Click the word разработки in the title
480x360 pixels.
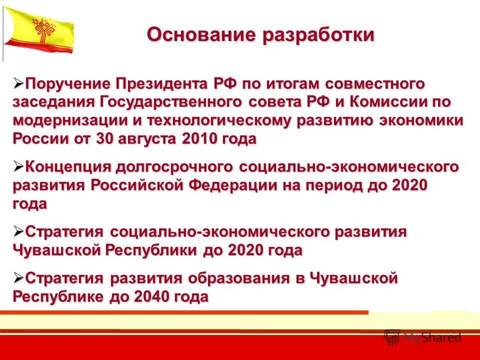click(318, 35)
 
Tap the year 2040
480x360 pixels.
click(151, 296)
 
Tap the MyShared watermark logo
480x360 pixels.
click(423, 336)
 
